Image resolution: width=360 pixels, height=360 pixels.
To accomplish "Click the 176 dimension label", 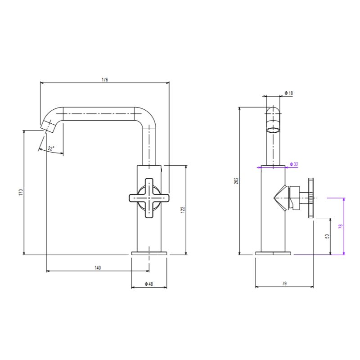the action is click(x=105, y=80).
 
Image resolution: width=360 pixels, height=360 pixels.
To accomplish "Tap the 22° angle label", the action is click(x=51, y=148).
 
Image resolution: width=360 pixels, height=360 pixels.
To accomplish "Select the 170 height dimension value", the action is click(x=21, y=192).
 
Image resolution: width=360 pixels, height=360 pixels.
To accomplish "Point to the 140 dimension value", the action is click(x=98, y=268).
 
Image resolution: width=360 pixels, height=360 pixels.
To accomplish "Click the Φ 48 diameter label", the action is click(x=149, y=284).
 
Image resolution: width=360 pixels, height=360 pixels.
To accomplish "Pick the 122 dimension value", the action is click(x=183, y=210).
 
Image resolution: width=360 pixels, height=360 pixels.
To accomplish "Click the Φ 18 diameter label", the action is click(x=289, y=93).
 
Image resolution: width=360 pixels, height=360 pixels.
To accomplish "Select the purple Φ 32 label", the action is click(x=294, y=164).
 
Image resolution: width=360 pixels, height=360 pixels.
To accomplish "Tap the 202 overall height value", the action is click(x=237, y=181).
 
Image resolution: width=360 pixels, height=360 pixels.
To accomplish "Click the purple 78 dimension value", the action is click(x=341, y=226).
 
